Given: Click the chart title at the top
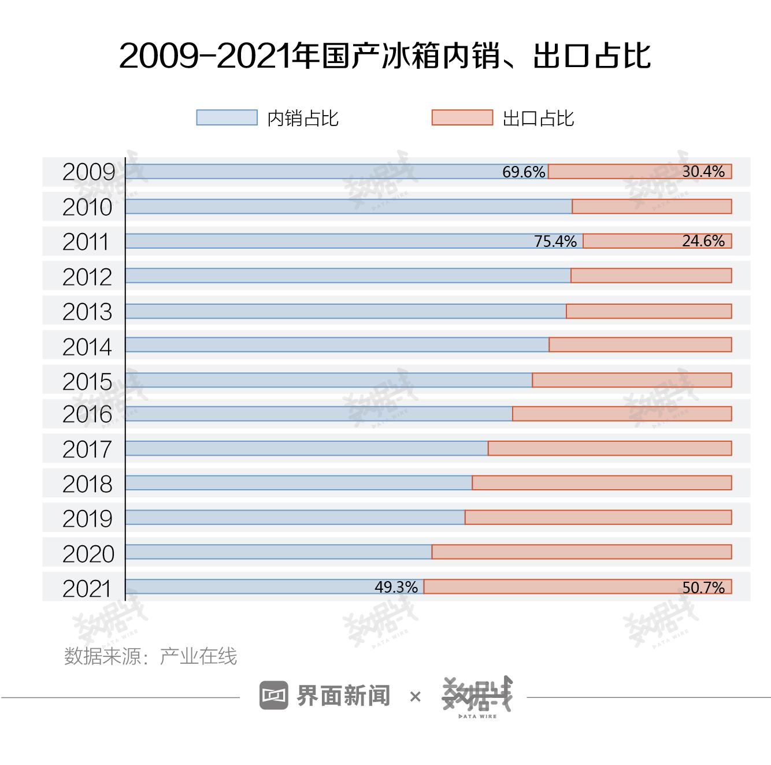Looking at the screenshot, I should coord(385,56).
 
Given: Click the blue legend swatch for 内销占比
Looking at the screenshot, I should coord(227,117).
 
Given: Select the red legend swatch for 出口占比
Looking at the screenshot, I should coord(462,117).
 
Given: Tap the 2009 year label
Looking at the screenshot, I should coord(88,172).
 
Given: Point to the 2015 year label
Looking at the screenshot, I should coord(87,382).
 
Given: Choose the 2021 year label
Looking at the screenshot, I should coord(87,589).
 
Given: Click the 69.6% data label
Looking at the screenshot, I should coord(524,172).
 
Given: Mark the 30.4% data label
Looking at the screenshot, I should coord(703,172).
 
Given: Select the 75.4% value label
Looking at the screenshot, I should coord(555,241).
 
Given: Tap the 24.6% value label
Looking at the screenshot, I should coord(703,241).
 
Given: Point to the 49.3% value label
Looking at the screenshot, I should coord(396,587).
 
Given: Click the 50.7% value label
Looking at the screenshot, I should coord(703,587).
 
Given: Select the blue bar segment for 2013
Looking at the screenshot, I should coord(346,311).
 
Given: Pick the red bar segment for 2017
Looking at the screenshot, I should coord(610,448).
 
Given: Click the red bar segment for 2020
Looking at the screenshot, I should coord(581,552).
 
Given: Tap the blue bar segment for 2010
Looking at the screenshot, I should coord(349,206).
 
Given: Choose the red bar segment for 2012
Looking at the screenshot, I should coord(651,276).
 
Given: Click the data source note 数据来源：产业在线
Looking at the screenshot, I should coord(150,656).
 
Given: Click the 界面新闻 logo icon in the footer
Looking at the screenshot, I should coord(273,695).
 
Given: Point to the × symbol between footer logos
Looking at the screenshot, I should coord(415,697).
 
